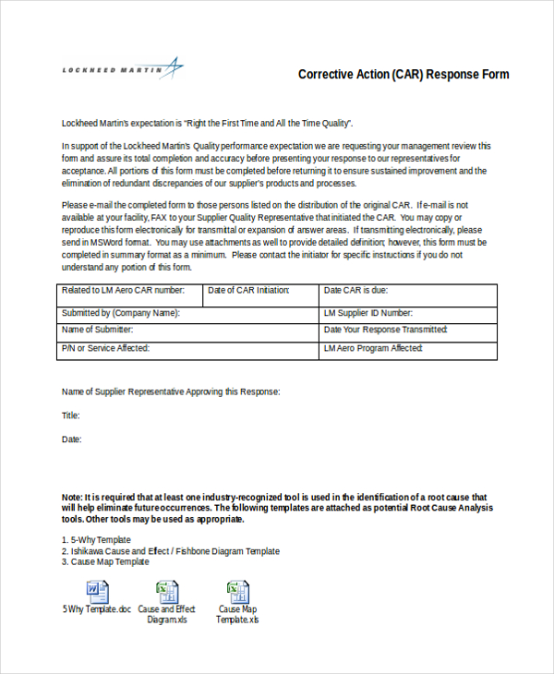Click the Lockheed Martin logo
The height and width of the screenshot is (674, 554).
tap(123, 68)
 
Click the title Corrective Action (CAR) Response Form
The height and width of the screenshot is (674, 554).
tap(403, 75)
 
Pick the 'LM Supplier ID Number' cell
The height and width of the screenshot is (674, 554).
tap(408, 314)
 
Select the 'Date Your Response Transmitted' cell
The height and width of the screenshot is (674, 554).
tap(408, 330)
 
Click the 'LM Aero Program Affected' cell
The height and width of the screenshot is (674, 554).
tap(408, 350)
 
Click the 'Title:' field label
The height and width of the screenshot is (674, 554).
tap(71, 415)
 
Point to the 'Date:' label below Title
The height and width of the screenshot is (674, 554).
tap(72, 439)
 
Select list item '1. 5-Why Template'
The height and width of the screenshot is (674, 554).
tap(96, 539)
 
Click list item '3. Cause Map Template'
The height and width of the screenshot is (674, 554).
tap(105, 561)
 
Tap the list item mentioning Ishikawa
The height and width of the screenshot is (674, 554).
tap(171, 551)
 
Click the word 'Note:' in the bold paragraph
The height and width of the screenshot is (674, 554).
tap(72, 497)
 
